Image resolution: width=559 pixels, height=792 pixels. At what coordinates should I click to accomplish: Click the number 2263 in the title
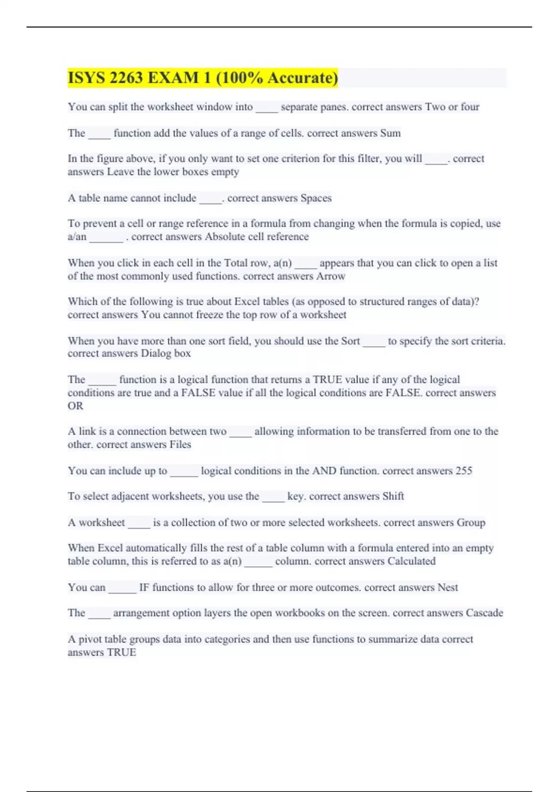point(126,77)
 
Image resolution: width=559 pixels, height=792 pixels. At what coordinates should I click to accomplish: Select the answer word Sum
point(390,133)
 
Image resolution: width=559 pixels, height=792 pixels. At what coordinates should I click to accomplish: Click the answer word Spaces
point(316,198)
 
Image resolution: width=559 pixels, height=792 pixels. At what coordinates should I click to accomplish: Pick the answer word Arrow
point(331,276)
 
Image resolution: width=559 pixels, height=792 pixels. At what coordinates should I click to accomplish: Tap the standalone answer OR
point(75,406)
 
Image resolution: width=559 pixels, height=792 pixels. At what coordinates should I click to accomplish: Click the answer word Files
point(180,444)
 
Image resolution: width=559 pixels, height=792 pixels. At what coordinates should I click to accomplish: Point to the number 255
point(464,471)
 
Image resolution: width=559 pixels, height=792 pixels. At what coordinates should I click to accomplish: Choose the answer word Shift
point(393,496)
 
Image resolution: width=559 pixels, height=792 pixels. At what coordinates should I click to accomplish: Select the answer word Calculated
point(411,561)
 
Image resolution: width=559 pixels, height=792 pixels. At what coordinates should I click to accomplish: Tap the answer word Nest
point(448,587)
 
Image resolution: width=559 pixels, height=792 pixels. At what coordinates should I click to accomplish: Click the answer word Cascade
point(484,613)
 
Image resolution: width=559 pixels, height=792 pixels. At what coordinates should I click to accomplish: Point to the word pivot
point(89,639)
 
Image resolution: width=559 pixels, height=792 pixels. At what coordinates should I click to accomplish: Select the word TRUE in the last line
point(122,652)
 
